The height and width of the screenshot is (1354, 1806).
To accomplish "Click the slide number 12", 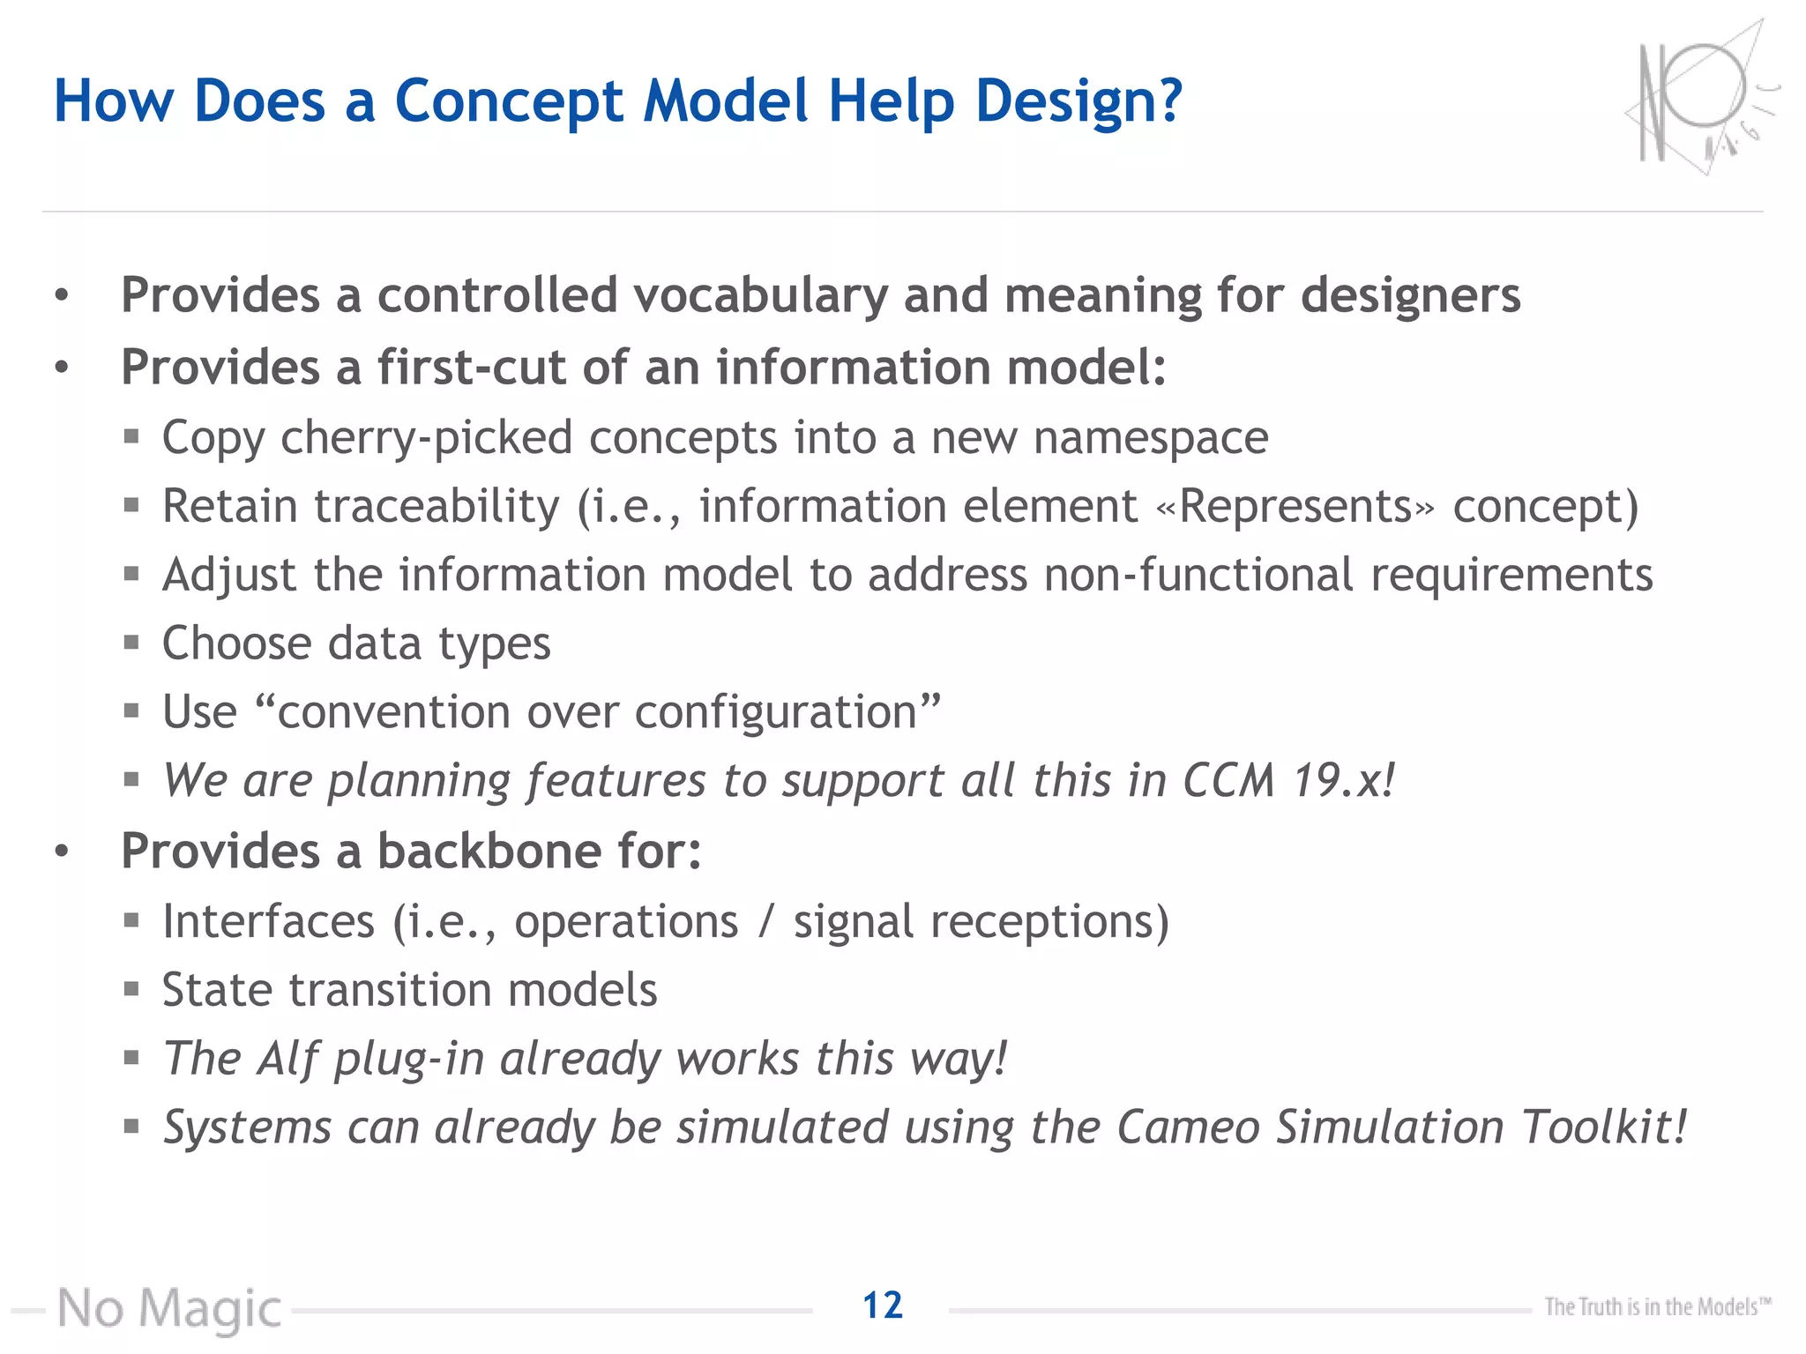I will [x=883, y=1305].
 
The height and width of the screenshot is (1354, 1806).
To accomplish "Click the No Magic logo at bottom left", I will [x=169, y=1309].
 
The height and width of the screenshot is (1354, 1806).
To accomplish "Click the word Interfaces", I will [x=269, y=922].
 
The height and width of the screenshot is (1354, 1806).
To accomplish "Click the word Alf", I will [x=287, y=1059].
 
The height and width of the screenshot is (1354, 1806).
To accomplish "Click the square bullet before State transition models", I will [x=131, y=988].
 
